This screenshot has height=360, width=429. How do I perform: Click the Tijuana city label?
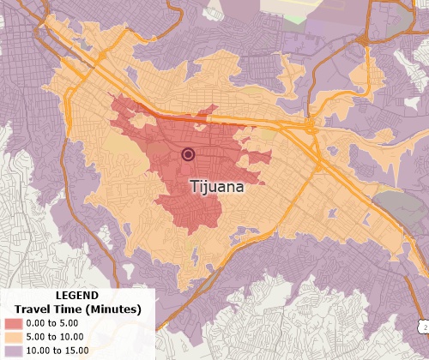(x=216, y=185)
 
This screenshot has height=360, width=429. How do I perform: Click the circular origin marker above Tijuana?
(x=188, y=154)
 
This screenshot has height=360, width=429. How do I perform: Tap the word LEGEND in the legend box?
(x=75, y=296)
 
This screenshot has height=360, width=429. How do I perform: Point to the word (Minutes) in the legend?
(x=114, y=309)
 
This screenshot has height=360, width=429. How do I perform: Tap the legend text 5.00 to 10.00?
(x=66, y=338)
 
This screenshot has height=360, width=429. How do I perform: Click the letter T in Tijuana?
(x=193, y=185)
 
